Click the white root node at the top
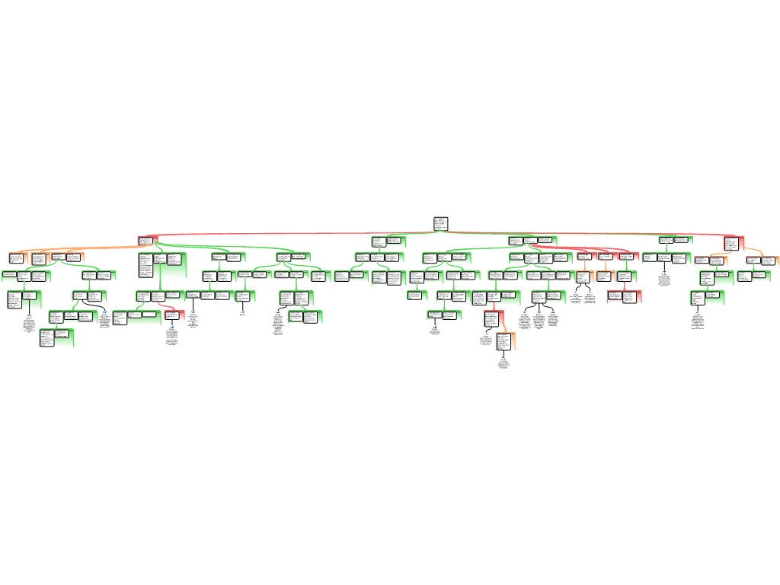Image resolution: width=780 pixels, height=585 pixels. [440, 223]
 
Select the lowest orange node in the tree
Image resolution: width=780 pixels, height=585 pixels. [506, 341]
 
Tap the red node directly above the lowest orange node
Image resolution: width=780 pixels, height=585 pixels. [494, 318]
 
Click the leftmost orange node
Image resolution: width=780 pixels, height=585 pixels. [39, 258]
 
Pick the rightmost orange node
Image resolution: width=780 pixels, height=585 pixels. [762, 261]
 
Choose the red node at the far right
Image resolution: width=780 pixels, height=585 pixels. [733, 243]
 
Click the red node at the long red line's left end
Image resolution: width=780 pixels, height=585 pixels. [146, 241]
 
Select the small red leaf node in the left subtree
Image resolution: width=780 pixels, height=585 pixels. [174, 315]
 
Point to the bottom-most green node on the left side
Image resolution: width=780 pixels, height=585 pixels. [56, 337]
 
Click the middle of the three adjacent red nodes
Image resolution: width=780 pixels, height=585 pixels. [606, 256]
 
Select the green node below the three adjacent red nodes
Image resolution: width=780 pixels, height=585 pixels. [626, 276]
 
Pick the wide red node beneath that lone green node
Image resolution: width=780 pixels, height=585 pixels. [624, 296]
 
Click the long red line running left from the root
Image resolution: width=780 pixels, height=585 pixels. [289, 234]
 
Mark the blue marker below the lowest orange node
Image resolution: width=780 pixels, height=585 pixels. [503, 357]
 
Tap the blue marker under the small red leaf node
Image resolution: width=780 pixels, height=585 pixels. [172, 327]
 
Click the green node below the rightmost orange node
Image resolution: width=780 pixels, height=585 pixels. [754, 276]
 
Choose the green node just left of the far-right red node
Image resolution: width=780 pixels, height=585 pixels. [675, 240]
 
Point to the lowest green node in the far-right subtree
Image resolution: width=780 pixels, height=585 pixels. [707, 298]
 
